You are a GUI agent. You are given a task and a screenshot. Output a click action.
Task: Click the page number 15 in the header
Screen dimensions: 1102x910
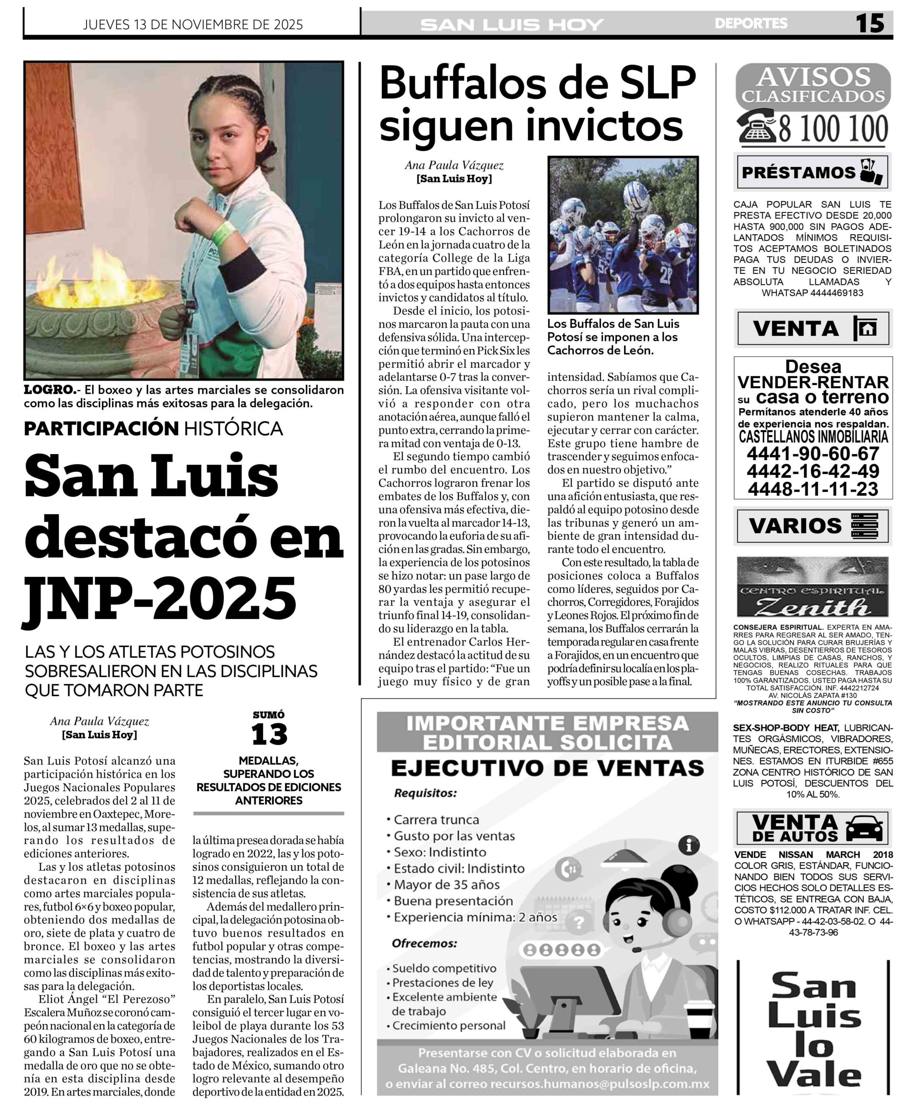870,24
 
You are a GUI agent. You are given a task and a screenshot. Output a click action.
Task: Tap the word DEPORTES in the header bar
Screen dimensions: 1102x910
751,24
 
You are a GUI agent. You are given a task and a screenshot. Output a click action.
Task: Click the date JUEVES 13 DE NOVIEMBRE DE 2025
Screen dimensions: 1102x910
193,25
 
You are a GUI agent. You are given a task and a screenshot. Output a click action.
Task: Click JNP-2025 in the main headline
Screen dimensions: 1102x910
160,597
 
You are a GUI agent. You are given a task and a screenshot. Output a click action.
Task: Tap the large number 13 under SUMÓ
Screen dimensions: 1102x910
269,734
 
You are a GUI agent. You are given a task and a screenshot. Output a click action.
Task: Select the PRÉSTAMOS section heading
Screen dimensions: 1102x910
799,173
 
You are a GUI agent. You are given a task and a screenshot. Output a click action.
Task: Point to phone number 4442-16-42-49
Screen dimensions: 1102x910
813,471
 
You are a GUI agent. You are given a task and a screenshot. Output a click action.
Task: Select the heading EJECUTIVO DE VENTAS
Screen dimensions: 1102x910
547,768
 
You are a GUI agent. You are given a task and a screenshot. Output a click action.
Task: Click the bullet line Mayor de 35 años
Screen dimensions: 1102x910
447,885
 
